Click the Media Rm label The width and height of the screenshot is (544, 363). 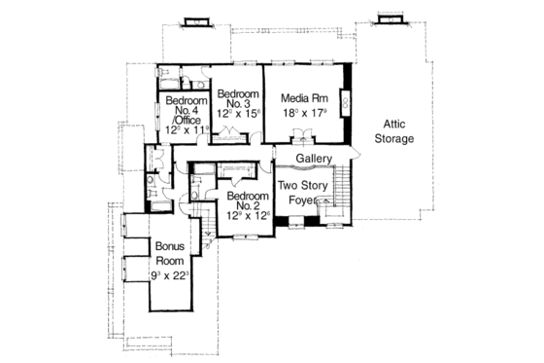tap(303, 97)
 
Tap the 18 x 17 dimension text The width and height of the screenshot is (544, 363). tap(303, 113)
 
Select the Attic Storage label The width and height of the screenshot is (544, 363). tap(395, 132)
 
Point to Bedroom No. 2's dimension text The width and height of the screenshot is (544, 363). tap(244, 216)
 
